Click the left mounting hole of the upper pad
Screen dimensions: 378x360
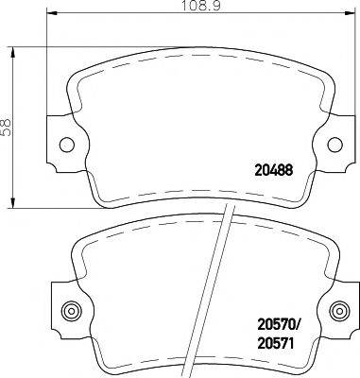click(67, 145)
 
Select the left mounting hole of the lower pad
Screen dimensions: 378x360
click(67, 311)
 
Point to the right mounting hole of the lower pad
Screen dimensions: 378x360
click(339, 311)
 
